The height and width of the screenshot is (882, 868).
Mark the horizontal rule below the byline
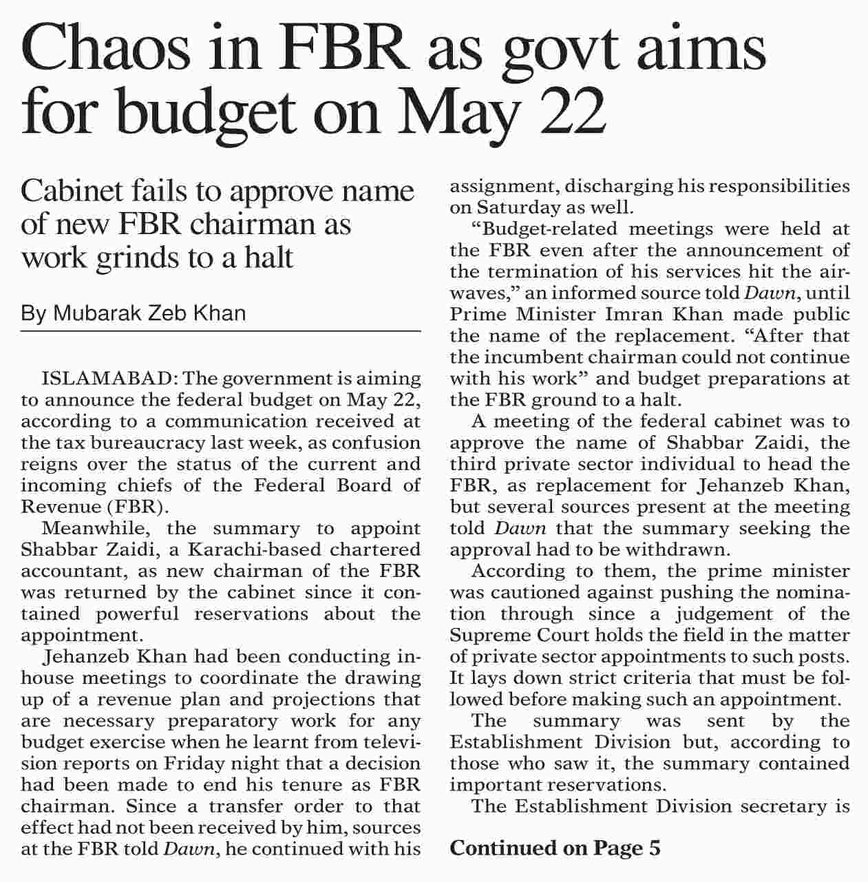click(220, 332)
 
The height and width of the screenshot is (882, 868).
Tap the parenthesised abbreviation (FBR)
click(137, 507)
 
